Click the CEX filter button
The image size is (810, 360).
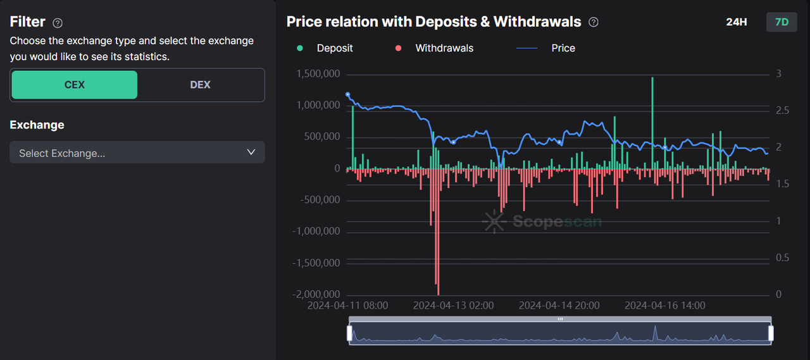coord(74,85)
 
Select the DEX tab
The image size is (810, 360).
coord(200,85)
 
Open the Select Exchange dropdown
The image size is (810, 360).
coord(137,152)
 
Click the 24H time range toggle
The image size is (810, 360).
coord(736,22)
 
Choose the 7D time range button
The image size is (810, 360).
coord(782,22)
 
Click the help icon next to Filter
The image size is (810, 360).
coord(58,23)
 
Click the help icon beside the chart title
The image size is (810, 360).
coord(594,22)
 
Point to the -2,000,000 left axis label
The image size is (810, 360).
coord(316,294)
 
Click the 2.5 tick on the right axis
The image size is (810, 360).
coord(783,111)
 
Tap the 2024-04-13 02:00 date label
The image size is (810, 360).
coord(453,306)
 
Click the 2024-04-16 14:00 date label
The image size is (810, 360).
coord(664,306)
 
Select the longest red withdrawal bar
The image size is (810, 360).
coord(437,228)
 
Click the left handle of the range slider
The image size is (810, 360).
coord(349,333)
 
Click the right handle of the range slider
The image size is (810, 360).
coord(771,333)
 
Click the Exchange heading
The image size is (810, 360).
coord(37,125)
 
